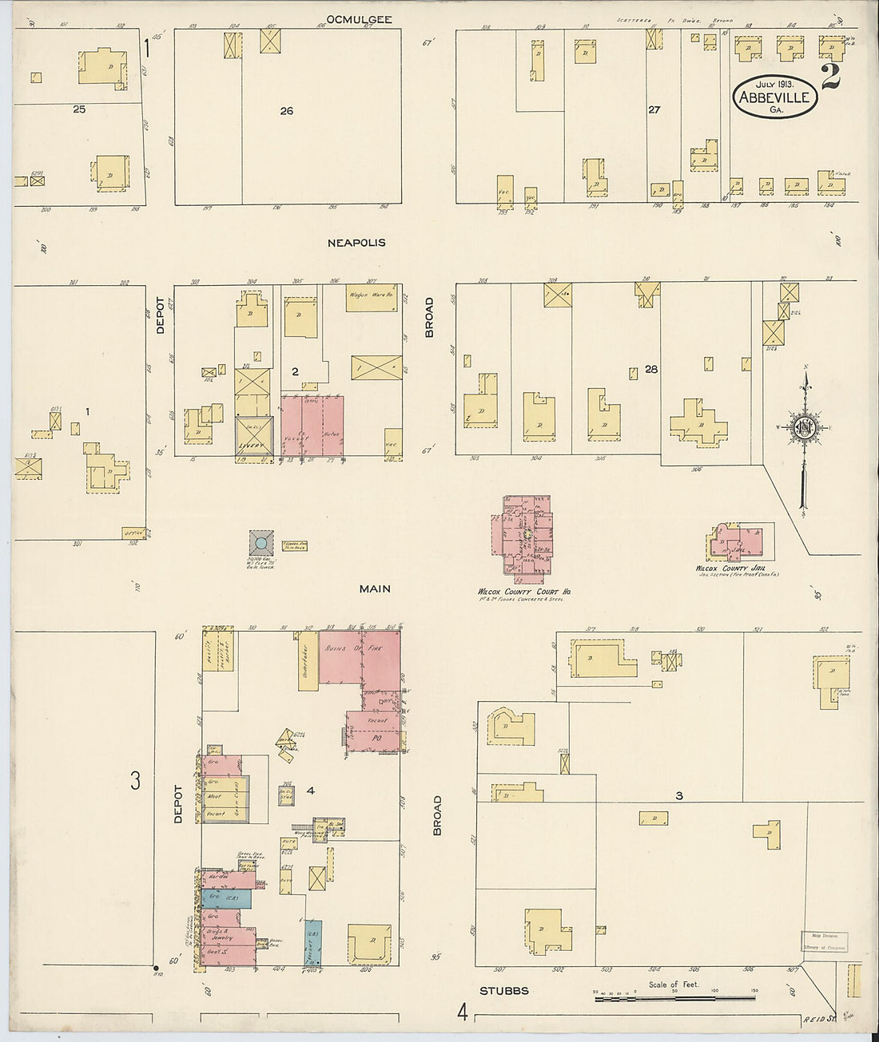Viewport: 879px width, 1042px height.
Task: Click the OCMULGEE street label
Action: click(x=360, y=19)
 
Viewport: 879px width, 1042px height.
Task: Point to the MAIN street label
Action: click(x=374, y=588)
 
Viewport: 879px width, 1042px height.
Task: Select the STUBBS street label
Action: click(x=504, y=991)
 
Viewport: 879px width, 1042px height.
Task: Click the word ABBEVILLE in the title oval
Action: click(x=774, y=98)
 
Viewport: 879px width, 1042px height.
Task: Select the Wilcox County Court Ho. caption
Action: click(x=523, y=592)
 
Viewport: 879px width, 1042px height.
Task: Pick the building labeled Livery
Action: click(x=255, y=438)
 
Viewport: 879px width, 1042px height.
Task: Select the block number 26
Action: click(x=286, y=111)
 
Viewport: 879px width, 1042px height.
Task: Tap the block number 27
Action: click(x=654, y=110)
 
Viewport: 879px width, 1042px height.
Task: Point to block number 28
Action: click(x=651, y=369)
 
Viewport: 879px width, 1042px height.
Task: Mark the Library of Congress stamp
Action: click(x=825, y=942)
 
